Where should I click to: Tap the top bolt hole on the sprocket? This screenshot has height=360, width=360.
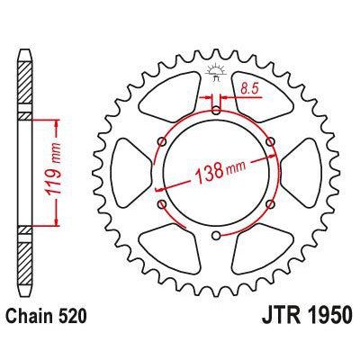pos(216,110)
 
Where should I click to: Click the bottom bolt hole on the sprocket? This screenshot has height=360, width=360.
pos(216,237)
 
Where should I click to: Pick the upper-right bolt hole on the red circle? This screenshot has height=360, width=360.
pos(271,141)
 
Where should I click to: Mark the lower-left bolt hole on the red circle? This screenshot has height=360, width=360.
pos(161,205)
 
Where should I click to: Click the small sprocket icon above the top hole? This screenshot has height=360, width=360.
pos(216,70)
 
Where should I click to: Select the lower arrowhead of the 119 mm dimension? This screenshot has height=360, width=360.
pos(58,225)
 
